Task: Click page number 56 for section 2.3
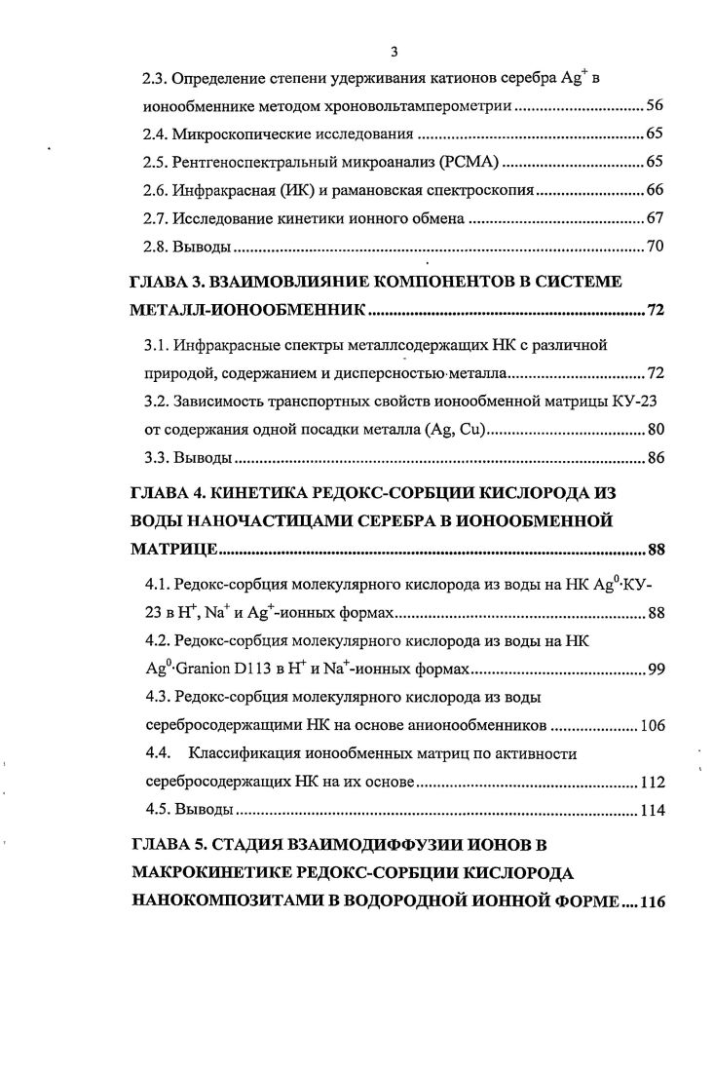click(x=654, y=105)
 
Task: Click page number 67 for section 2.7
click(x=654, y=218)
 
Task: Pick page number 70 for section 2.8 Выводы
click(x=654, y=247)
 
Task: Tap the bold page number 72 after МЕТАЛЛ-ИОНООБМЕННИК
click(x=654, y=313)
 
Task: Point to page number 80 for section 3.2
click(x=654, y=431)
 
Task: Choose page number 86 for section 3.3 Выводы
click(x=654, y=459)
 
